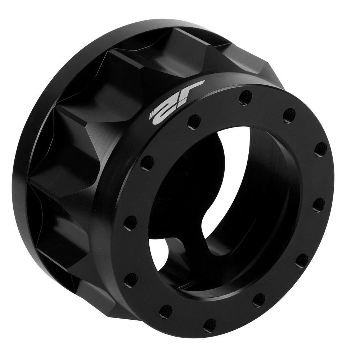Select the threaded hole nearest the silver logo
[x=194, y=121]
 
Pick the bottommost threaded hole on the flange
[x=210, y=324]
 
